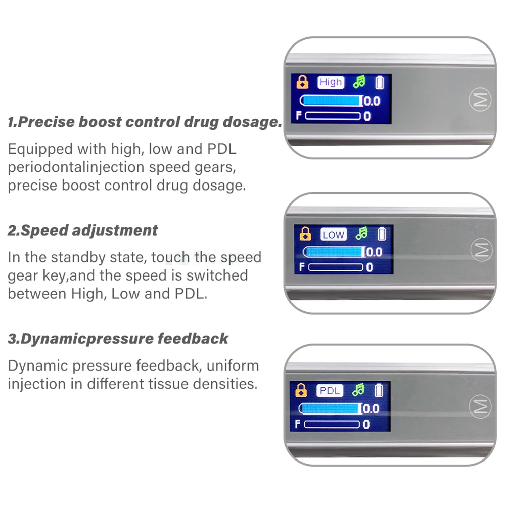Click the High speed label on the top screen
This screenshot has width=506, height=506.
click(331, 82)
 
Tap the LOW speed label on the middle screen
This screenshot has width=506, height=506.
click(333, 235)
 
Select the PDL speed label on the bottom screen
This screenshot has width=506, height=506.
click(330, 391)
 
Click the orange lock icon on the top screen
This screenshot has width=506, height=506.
click(303, 82)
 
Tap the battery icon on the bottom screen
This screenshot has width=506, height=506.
click(379, 390)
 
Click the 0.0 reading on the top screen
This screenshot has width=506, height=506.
click(372, 101)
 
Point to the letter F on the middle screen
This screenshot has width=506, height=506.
click(302, 267)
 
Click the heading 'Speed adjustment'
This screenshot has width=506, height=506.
click(83, 231)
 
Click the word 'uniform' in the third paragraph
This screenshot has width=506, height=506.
click(233, 365)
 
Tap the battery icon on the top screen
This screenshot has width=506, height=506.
click(380, 82)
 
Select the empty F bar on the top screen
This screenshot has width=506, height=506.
click(333, 116)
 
